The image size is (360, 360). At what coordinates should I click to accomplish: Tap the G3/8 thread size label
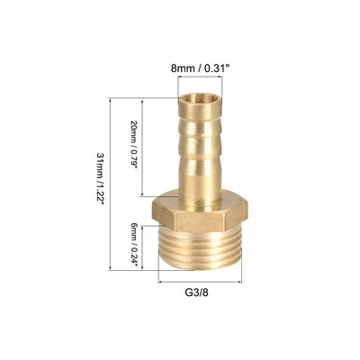pyautogui.click(x=196, y=292)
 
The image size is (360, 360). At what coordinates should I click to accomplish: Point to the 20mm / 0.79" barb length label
pyautogui.click(x=133, y=145)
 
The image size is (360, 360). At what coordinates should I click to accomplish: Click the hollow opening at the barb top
pyautogui.click(x=200, y=98)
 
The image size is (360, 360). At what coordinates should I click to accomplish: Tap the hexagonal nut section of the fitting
pyautogui.click(x=200, y=212)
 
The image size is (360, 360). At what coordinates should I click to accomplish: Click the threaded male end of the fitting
pyautogui.click(x=200, y=250)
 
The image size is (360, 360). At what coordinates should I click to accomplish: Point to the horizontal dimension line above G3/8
pyautogui.click(x=200, y=282)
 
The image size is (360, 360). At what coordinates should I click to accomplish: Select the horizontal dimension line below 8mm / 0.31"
pyautogui.click(x=200, y=77)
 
